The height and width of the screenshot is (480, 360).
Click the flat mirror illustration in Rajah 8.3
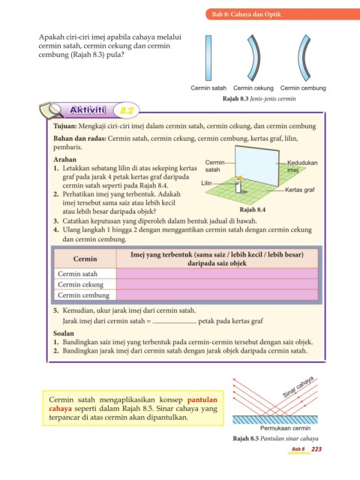(x=208, y=58)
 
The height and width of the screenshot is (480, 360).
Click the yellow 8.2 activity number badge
(x=127, y=110)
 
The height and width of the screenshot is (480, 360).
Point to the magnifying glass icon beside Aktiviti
(x=52, y=110)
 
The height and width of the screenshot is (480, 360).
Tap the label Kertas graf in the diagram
(x=300, y=190)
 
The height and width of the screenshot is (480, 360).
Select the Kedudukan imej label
(x=302, y=166)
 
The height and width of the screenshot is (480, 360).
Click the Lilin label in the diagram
(x=206, y=183)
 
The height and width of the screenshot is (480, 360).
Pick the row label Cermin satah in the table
(x=77, y=274)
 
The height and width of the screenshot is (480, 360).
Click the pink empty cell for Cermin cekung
(x=217, y=284)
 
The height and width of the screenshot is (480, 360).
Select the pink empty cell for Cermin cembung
(x=217, y=295)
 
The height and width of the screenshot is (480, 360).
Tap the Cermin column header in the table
(x=85, y=259)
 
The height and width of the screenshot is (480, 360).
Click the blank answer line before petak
(x=175, y=323)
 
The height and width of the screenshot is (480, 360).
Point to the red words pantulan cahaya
(x=133, y=404)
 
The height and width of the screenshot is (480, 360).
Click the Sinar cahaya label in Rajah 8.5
(x=298, y=387)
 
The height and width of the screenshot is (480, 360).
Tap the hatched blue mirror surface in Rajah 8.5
(x=275, y=419)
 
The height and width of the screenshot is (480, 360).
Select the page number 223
(x=316, y=449)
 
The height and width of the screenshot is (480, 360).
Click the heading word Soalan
(x=64, y=333)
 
